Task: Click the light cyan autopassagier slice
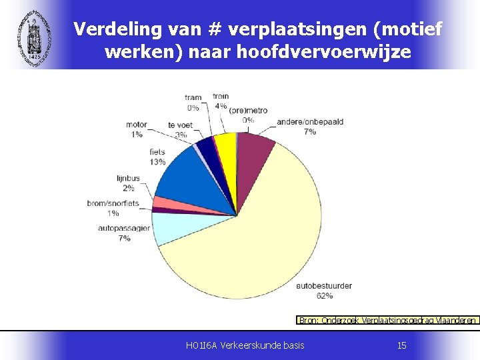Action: tap(170, 228)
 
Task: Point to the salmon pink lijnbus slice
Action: tap(163, 202)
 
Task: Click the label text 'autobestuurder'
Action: tap(325, 286)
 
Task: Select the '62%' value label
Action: tap(325, 295)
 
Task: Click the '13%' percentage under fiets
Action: tap(157, 162)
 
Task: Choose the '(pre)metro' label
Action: tap(248, 110)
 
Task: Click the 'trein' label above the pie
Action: tap(221, 97)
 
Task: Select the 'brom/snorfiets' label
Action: tap(113, 203)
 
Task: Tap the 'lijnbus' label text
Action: tap(128, 178)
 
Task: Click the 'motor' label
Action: tap(137, 125)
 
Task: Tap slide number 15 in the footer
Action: tap(401, 345)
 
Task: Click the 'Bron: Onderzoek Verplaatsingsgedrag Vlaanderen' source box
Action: tap(387, 320)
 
